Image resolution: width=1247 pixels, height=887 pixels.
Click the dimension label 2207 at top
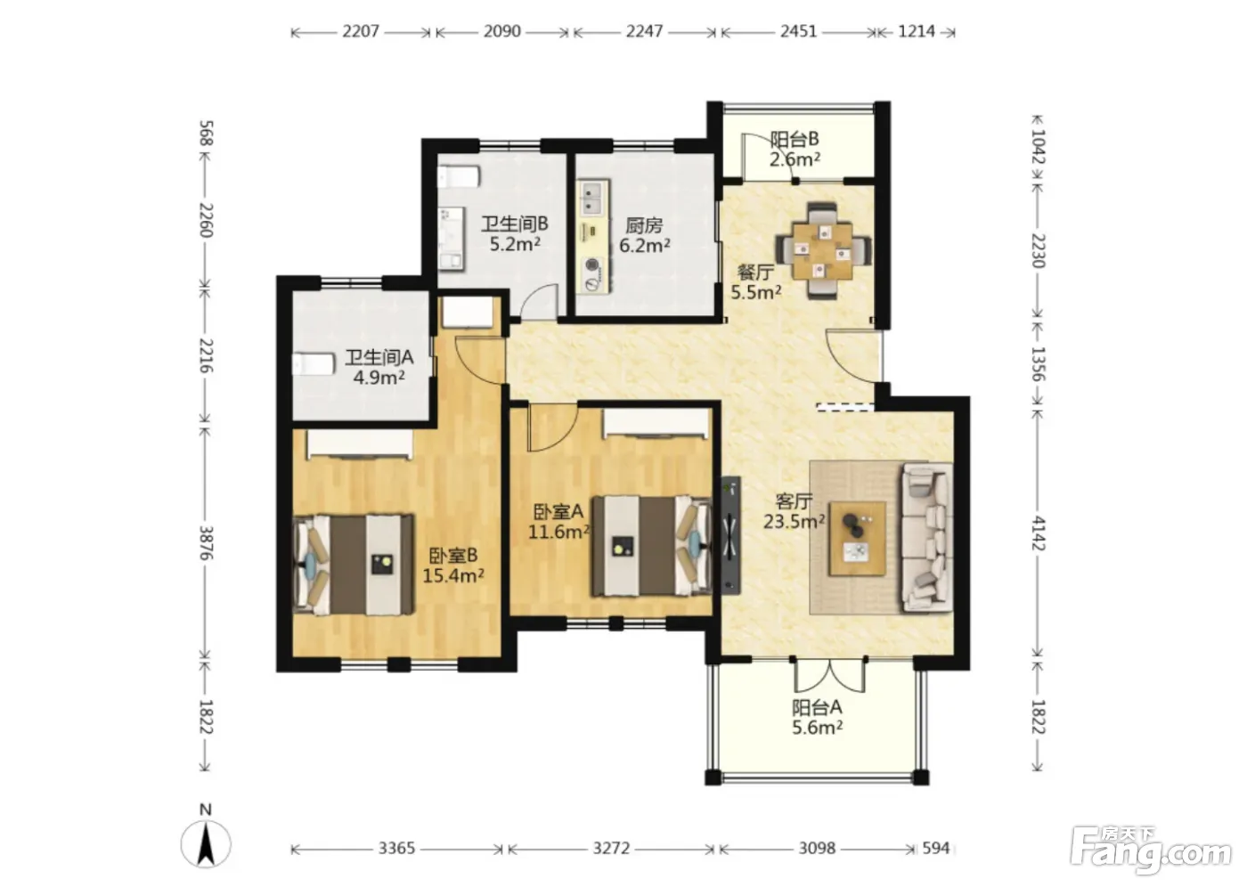(360, 31)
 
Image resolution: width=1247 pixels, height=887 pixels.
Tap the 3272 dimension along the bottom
(611, 848)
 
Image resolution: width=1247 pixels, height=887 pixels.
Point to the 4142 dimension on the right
(1039, 533)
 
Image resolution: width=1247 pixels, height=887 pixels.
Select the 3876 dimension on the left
(206, 542)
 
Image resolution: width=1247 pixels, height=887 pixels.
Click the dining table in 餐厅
(823, 250)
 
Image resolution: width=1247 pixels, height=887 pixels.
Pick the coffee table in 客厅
(857, 538)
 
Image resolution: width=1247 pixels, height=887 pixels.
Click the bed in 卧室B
(354, 565)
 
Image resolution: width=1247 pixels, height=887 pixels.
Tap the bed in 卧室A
(652, 546)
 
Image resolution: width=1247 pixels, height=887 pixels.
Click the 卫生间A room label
(379, 357)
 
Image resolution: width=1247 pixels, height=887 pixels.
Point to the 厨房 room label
(644, 225)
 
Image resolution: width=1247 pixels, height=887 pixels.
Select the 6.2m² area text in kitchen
(645, 245)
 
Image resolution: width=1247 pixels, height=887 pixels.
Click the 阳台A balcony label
(818, 707)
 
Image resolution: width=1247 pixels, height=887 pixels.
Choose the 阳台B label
(795, 139)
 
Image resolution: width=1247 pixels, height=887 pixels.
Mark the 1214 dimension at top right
(917, 31)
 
